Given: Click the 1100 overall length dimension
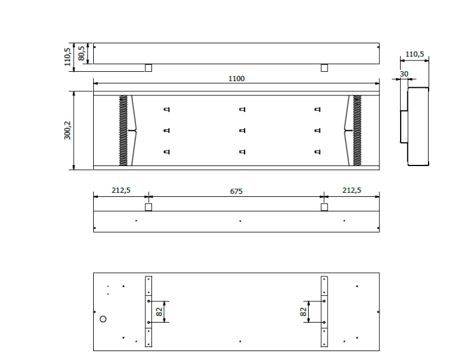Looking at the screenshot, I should pos(236,78).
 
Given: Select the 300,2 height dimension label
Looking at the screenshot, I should pos(68,130).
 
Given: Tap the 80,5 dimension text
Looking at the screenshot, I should pos(81,53).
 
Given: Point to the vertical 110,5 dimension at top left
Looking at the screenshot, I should pos(68,57).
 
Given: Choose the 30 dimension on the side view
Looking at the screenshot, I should pos(404,74).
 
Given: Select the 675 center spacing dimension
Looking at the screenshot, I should pos(236,191).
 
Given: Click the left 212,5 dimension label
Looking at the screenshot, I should pos(120,190).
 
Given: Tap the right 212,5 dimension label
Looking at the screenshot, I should pos(351,190).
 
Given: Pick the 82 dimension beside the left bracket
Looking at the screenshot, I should pos(158,311).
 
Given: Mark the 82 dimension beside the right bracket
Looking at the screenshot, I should pos(304,311).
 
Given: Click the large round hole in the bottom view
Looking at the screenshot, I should pos(103,319).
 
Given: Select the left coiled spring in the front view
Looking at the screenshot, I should pos(123,130).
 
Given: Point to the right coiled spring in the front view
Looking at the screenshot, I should pos(357,130).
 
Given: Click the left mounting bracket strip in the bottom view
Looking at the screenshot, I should pos(148,311).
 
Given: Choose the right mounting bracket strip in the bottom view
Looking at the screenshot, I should pos(324,311).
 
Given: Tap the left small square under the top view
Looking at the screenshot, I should pos(148,68).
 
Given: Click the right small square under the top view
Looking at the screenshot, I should pos(324,68).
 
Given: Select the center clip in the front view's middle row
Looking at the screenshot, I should pos(242,130).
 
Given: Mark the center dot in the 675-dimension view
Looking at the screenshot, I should pos(240,221).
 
